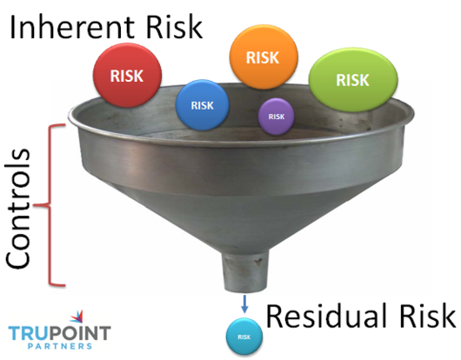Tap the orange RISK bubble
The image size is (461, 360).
(x=263, y=58)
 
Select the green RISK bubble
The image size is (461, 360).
(x=351, y=79)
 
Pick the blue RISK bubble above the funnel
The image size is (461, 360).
(x=202, y=106)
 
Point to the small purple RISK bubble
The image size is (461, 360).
(x=276, y=116)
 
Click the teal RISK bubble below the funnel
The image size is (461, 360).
(x=244, y=336)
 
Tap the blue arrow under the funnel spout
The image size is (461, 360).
(x=244, y=305)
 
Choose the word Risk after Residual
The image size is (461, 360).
(x=424, y=314)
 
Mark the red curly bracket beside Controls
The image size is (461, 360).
(x=53, y=204)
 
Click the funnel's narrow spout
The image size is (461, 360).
(x=243, y=273)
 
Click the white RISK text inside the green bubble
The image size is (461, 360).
(x=352, y=80)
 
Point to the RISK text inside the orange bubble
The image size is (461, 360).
(x=263, y=58)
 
